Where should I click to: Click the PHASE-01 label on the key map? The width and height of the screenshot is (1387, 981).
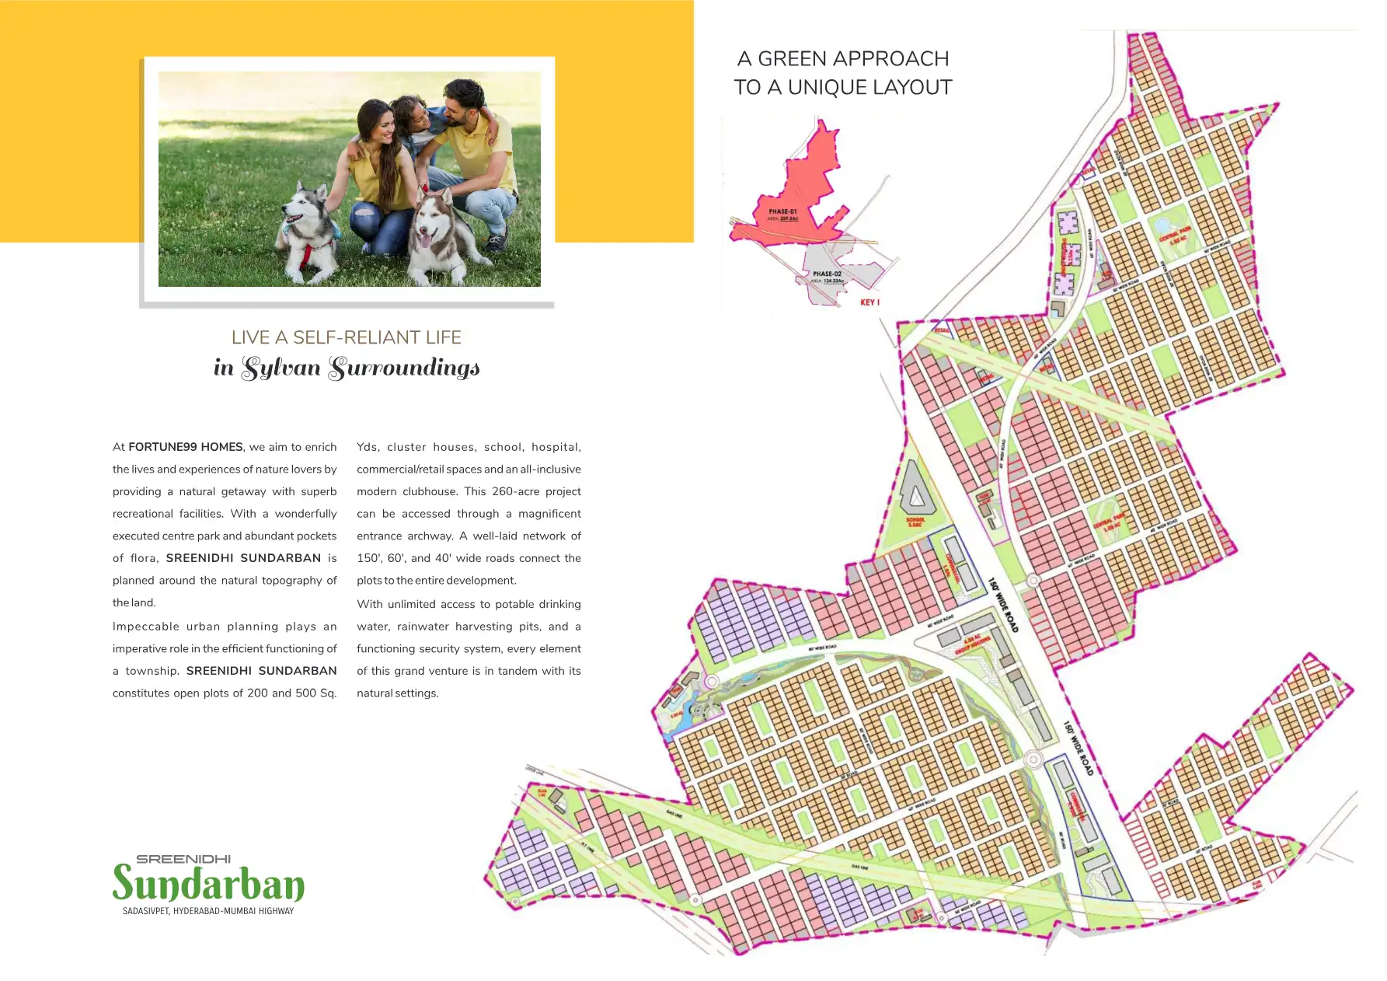click(x=782, y=211)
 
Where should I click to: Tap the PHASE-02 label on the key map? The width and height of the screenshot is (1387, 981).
click(x=827, y=274)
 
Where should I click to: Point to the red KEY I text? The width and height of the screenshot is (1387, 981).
click(x=869, y=302)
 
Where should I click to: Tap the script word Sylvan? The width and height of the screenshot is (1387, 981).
click(x=281, y=368)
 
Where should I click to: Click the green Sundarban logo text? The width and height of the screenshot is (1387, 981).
click(x=208, y=883)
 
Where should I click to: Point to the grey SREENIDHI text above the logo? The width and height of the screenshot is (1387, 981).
click(x=183, y=859)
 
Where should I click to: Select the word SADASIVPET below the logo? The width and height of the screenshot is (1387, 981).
click(x=145, y=911)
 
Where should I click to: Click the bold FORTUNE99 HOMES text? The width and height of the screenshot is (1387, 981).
click(x=185, y=447)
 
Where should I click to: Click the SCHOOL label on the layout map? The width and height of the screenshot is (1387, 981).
click(x=915, y=521)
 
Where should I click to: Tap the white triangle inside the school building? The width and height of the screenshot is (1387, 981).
click(x=917, y=494)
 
